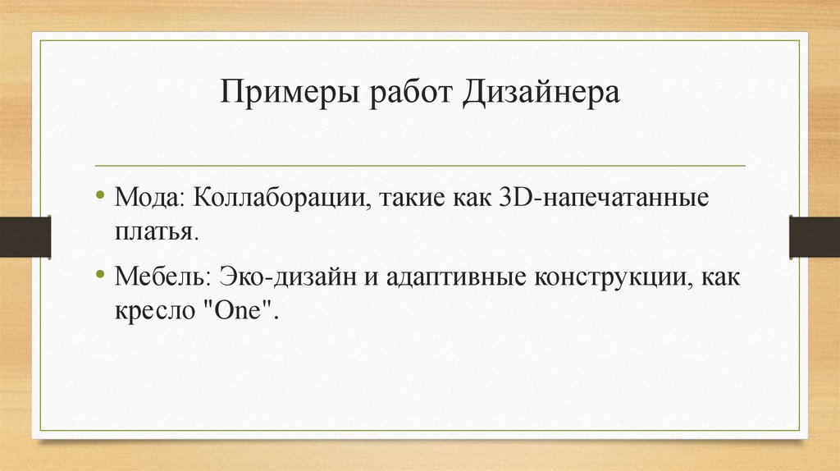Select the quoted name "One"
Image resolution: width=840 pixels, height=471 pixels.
(244, 311)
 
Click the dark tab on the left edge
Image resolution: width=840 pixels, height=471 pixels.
(25, 235)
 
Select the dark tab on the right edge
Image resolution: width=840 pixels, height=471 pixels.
(814, 235)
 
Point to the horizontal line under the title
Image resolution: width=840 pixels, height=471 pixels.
(420, 166)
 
